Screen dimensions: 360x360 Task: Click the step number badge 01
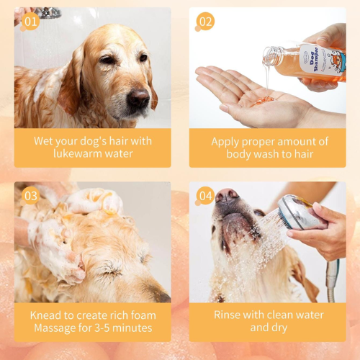(31, 22)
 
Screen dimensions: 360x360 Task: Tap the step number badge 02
(205, 22)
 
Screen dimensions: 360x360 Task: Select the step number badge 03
(31, 196)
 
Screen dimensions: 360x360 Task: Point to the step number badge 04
(205, 196)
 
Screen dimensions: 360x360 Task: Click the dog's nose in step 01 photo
(138, 98)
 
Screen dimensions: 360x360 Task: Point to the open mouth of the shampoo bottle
(267, 56)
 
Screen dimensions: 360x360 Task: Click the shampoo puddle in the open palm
(264, 100)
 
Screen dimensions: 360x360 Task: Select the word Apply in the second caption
(225, 142)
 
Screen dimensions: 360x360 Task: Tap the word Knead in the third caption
(45, 315)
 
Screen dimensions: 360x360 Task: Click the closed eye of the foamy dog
(111, 271)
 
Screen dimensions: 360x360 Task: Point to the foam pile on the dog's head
(95, 201)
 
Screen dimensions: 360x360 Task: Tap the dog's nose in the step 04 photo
(226, 196)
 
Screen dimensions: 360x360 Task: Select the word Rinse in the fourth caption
(227, 315)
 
